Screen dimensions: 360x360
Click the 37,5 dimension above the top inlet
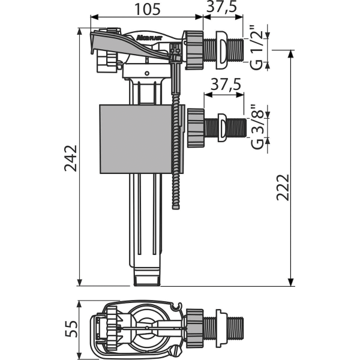coord(220,11)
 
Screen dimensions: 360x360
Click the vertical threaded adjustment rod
coord(176,156)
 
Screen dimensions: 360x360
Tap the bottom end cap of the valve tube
coord(147,277)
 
